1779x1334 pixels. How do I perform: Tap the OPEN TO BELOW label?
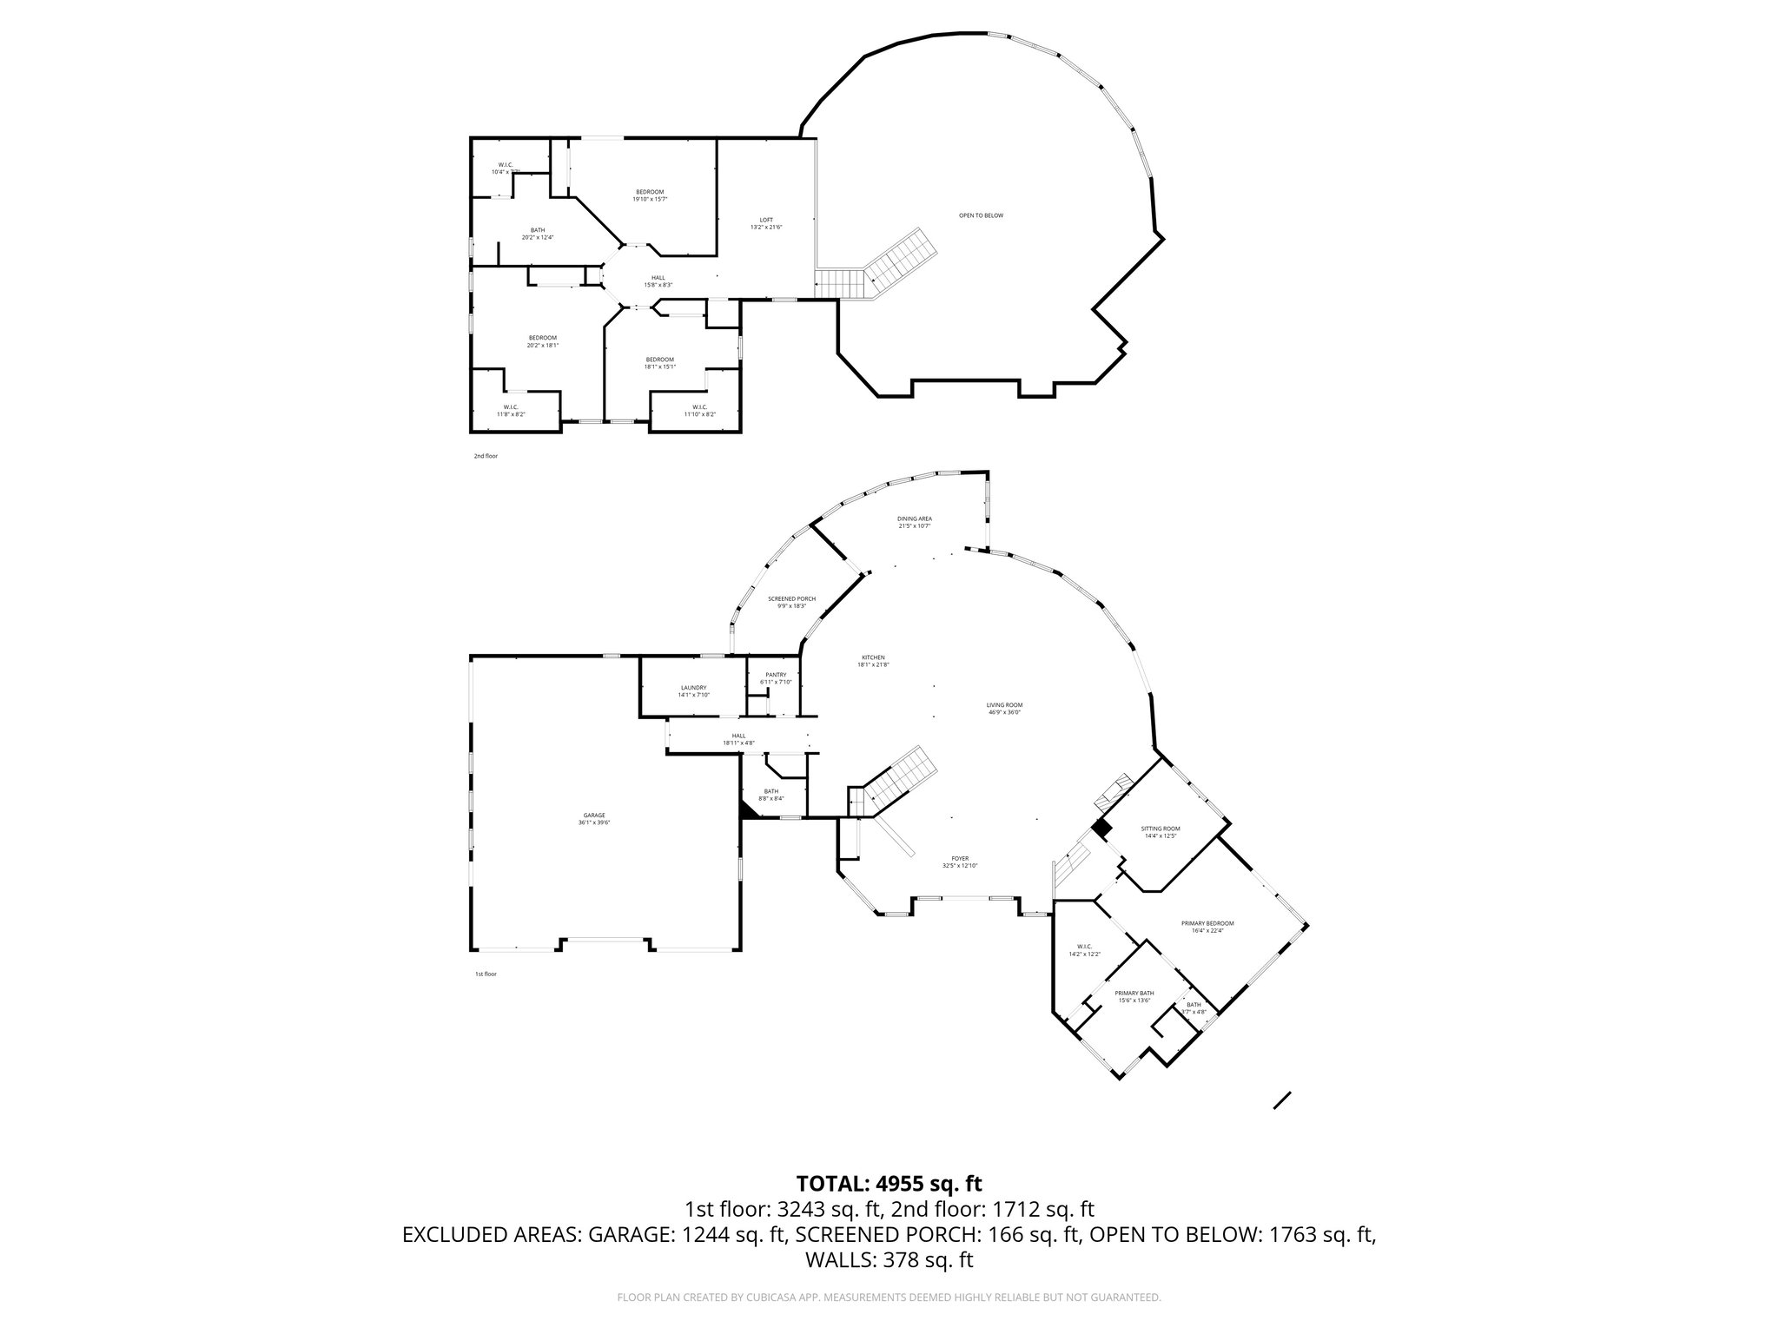pyautogui.click(x=981, y=215)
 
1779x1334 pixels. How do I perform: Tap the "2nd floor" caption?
pyautogui.click(x=486, y=456)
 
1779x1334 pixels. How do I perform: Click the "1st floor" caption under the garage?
pyautogui.click(x=486, y=974)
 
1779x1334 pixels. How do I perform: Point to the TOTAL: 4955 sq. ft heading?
pyautogui.click(x=889, y=1183)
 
